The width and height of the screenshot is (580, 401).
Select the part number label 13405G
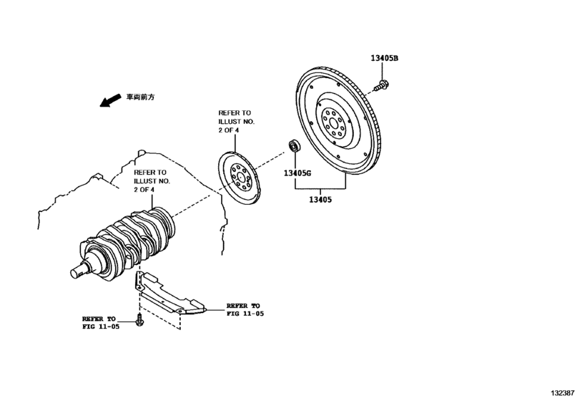298,173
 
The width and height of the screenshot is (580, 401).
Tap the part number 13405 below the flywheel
320,200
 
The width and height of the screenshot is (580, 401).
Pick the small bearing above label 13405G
293,147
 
